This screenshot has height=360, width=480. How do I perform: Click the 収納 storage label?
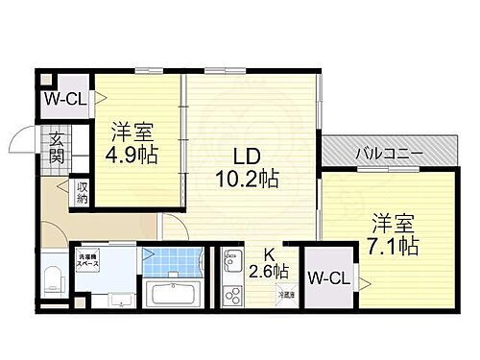(x=83, y=193)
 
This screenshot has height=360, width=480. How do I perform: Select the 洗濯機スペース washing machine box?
(x=91, y=261)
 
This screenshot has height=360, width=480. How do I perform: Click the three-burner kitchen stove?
(x=232, y=292)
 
